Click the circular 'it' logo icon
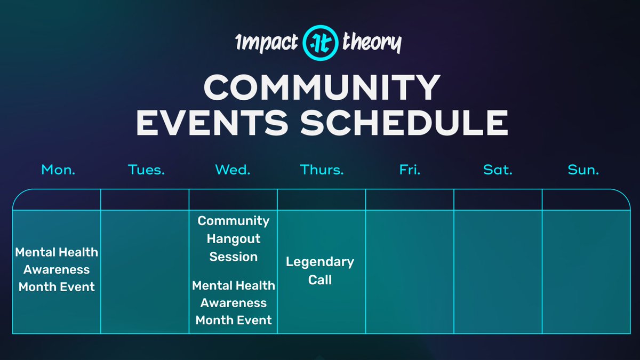(321, 43)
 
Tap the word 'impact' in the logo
(267, 43)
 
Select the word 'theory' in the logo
(372, 42)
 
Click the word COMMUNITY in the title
(322, 87)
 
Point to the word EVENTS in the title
(212, 123)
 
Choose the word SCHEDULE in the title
(404, 123)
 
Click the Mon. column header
(58, 170)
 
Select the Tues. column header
(146, 170)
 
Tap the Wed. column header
(233, 170)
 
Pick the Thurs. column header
(322, 170)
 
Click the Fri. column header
(410, 170)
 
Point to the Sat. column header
(498, 170)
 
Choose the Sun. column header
(583, 170)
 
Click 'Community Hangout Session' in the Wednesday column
(234, 238)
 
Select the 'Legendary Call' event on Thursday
(320, 270)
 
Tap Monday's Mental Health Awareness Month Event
(57, 269)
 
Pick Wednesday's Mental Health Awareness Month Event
(234, 302)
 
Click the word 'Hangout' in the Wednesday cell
(234, 239)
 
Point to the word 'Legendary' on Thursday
(320, 262)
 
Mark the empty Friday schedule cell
(410, 271)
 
